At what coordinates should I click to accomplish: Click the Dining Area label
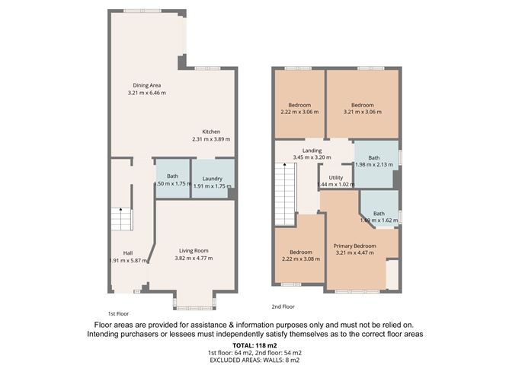pyautogui.click(x=147, y=85)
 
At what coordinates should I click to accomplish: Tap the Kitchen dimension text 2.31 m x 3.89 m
pyautogui.click(x=210, y=139)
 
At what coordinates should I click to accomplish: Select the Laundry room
pyautogui.click(x=209, y=179)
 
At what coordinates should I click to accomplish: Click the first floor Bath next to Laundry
pyautogui.click(x=172, y=179)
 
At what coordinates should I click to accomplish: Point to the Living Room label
pyautogui.click(x=194, y=250)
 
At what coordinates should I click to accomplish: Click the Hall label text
pyautogui.click(x=128, y=253)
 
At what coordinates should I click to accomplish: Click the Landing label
pyautogui.click(x=312, y=151)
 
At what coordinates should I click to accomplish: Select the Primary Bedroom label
pyautogui.click(x=354, y=246)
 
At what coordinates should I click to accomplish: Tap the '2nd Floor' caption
pyautogui.click(x=283, y=306)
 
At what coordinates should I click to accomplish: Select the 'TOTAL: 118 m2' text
pyautogui.click(x=254, y=346)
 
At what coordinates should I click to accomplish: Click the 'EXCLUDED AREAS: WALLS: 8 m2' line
pyautogui.click(x=254, y=360)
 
